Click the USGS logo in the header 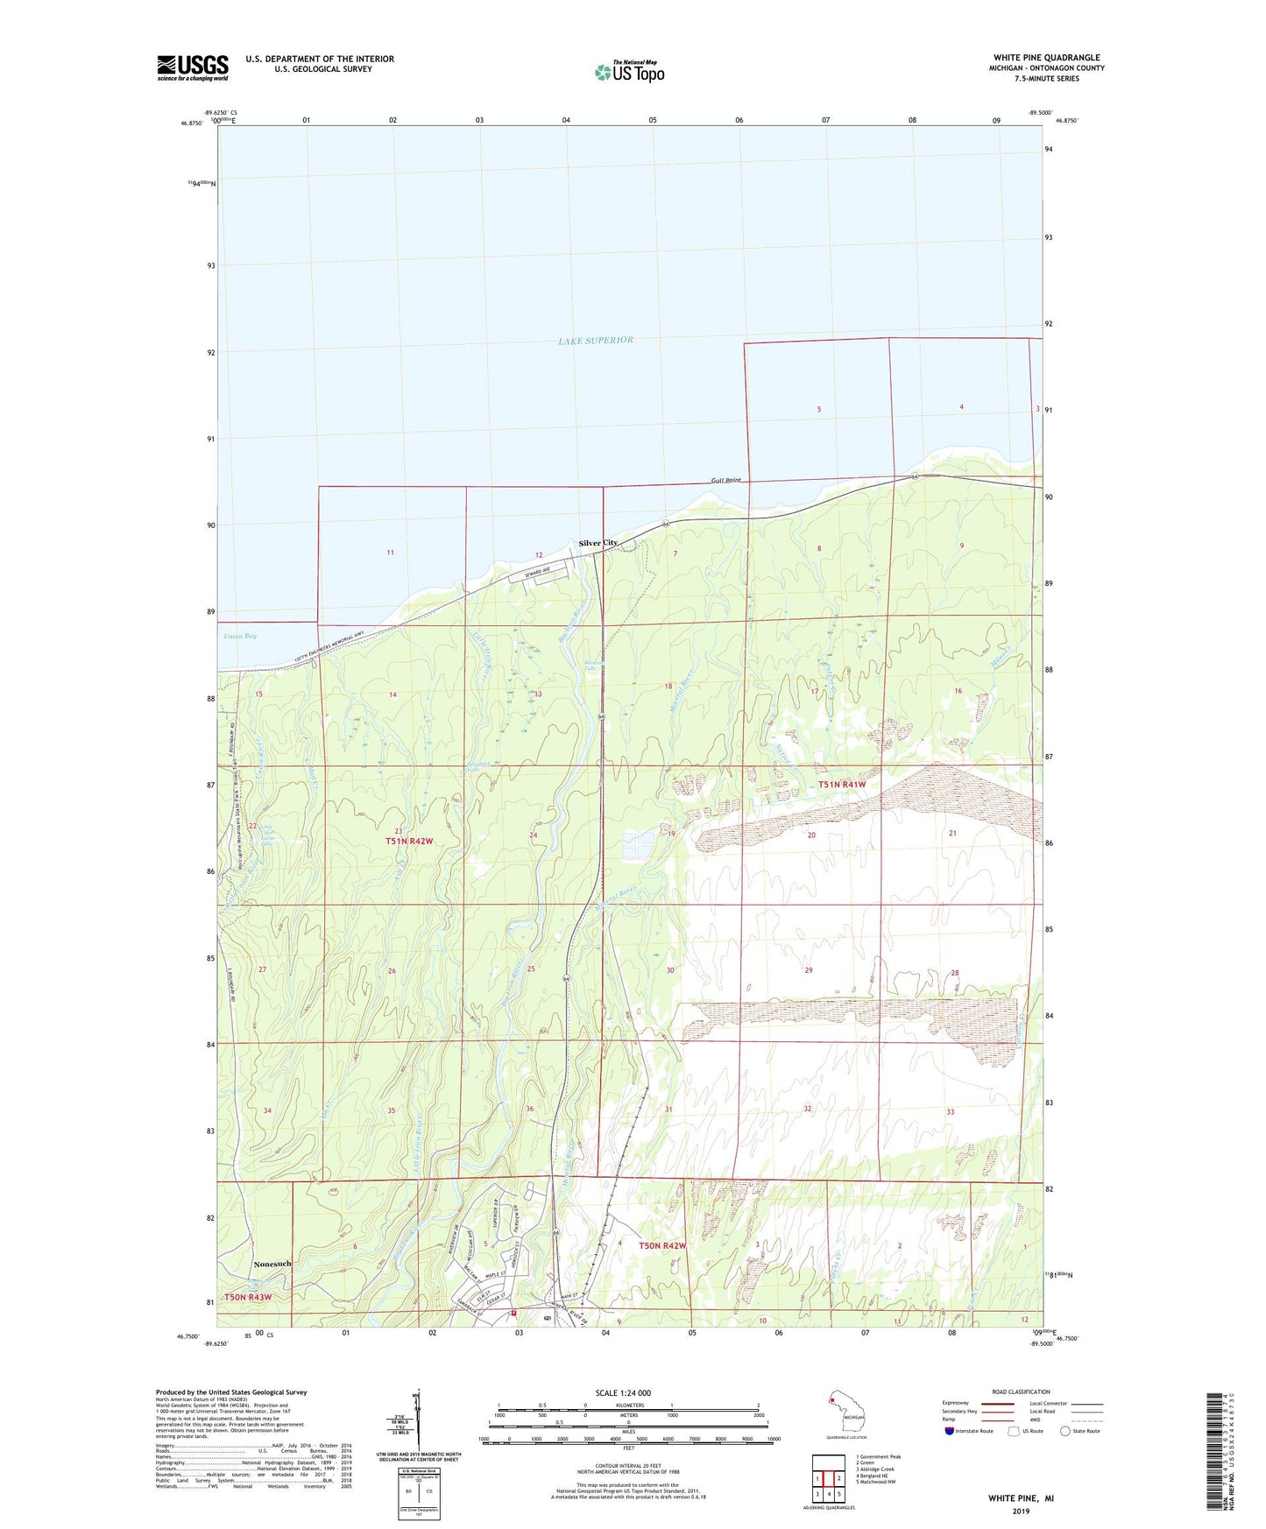(x=193, y=67)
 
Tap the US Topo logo (x=629, y=72)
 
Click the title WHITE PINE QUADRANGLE (x=1046, y=58)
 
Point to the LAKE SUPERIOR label (x=596, y=340)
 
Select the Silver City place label (x=598, y=543)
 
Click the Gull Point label (x=726, y=481)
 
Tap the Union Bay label (x=239, y=636)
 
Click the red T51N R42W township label (x=409, y=841)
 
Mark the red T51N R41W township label (x=842, y=785)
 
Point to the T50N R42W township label (x=662, y=1245)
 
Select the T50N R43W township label (x=248, y=1297)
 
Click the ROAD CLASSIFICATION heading (x=1021, y=1392)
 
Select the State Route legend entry (x=1079, y=1431)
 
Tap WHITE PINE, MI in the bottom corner (x=1021, y=1498)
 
